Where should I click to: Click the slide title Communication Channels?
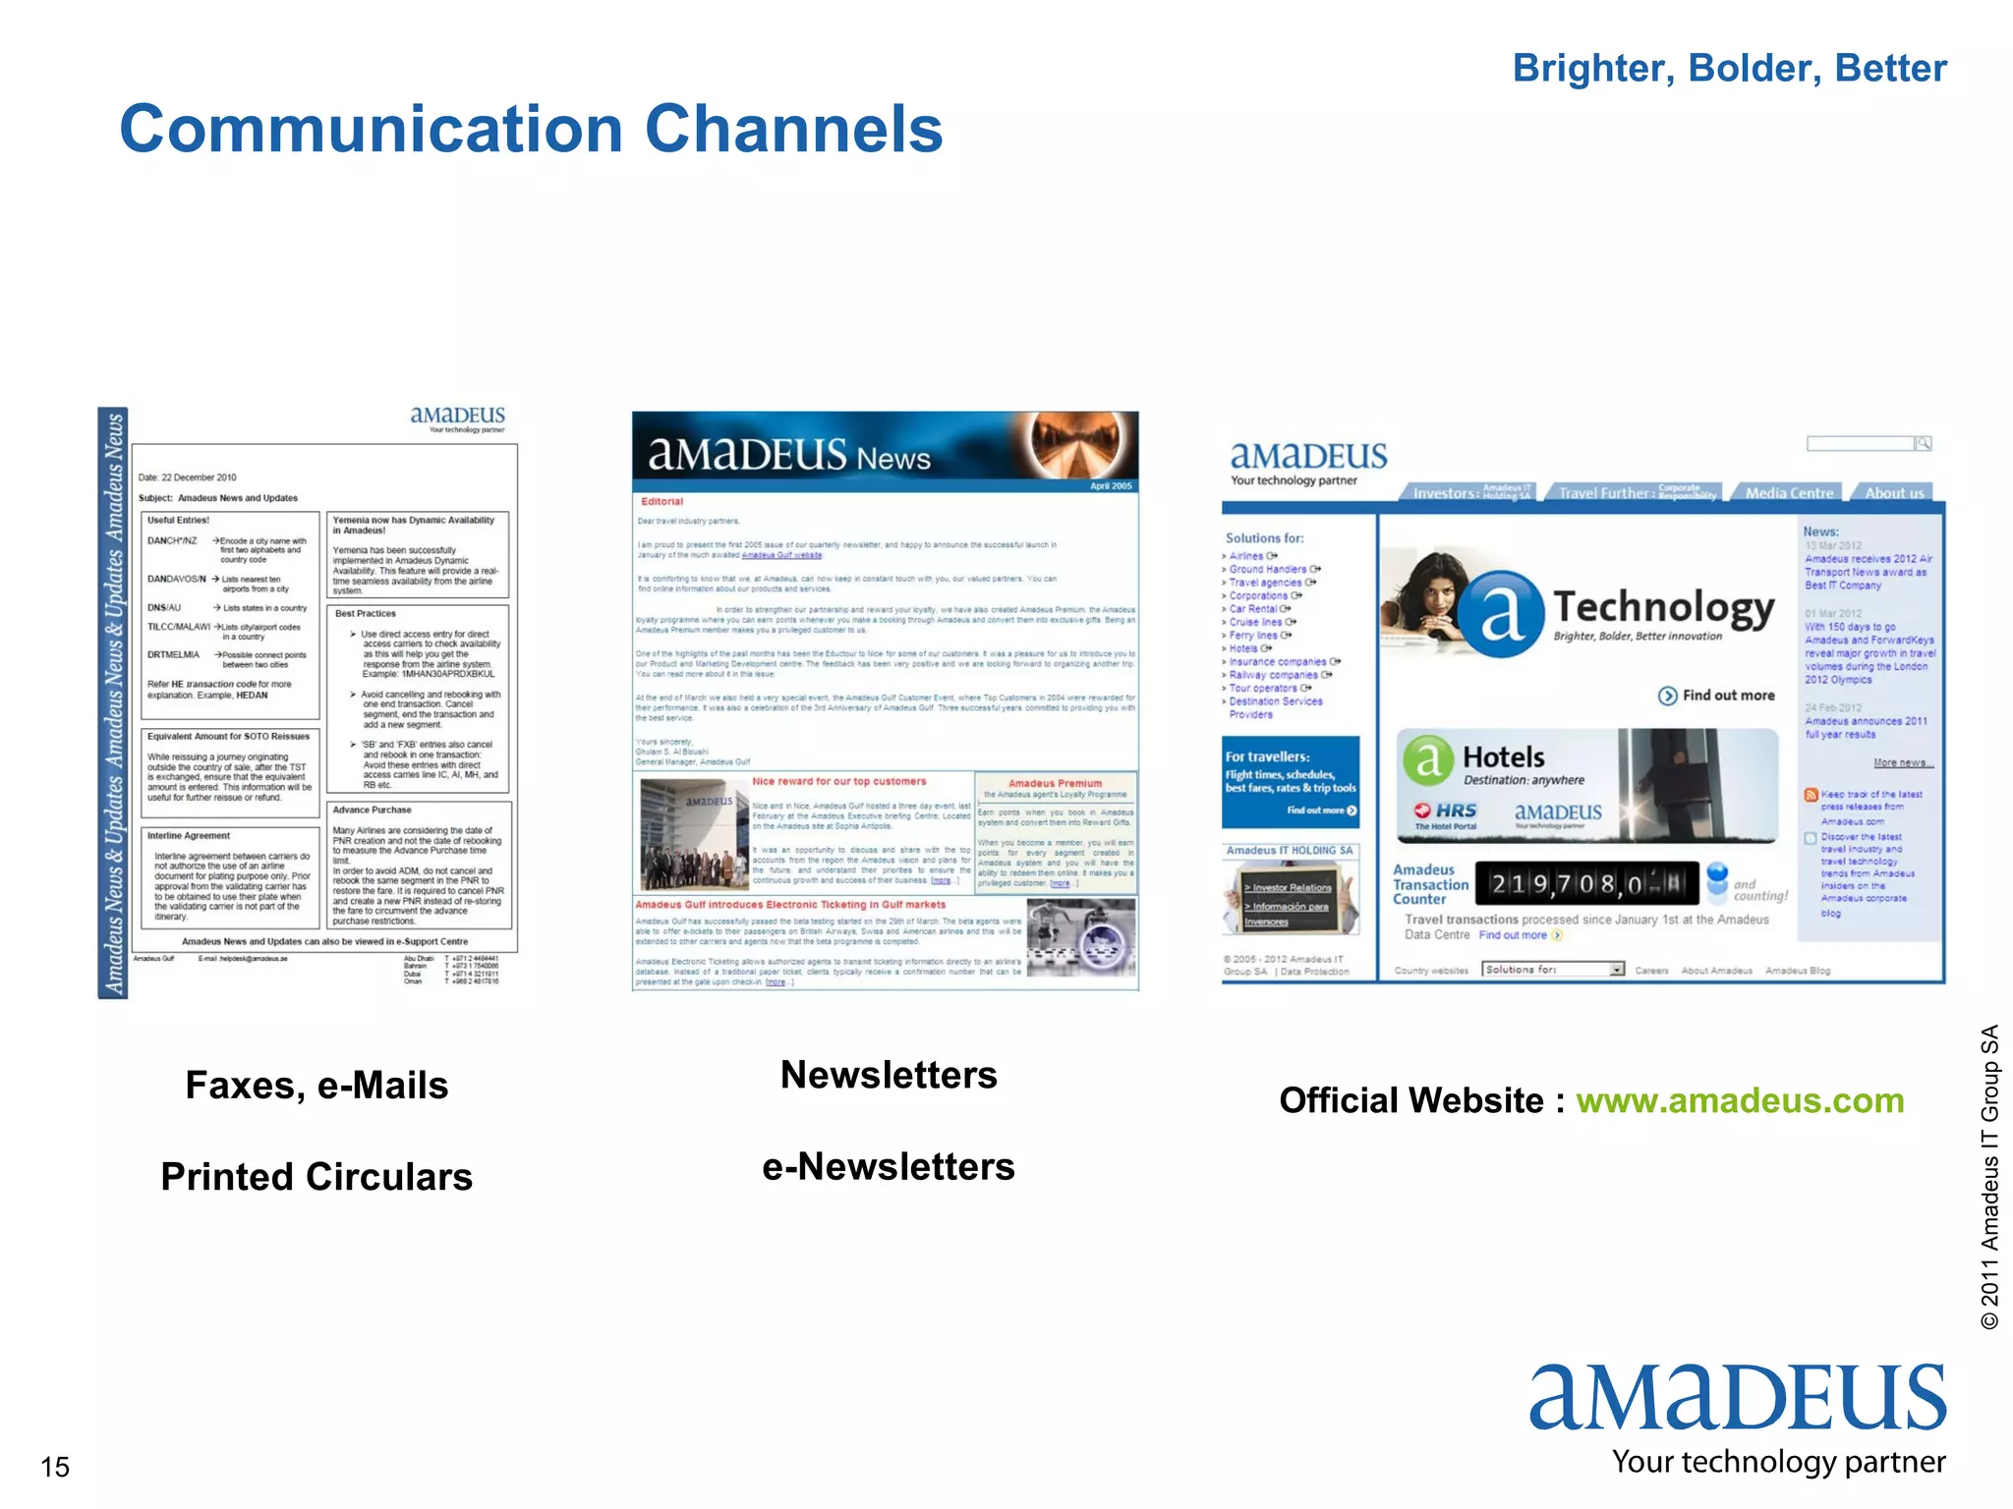pyautogui.click(x=531, y=130)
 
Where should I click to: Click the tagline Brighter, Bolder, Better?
pyautogui.click(x=1729, y=69)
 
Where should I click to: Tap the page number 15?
pyautogui.click(x=55, y=1467)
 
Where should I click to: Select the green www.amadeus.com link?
pyautogui.click(x=1740, y=1100)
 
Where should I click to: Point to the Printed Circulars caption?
pyautogui.click(x=316, y=1176)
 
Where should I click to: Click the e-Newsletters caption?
pyautogui.click(x=889, y=1166)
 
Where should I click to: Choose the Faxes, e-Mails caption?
pyautogui.click(x=316, y=1086)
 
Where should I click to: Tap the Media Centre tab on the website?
pyautogui.click(x=1789, y=493)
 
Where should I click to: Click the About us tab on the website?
pyautogui.click(x=1894, y=493)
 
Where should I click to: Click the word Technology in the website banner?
pyautogui.click(x=1664, y=607)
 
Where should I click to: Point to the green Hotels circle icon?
pyautogui.click(x=1428, y=759)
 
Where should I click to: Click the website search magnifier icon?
pyautogui.click(x=1924, y=444)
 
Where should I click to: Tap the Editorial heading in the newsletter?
pyautogui.click(x=662, y=502)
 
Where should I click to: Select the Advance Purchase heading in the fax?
pyautogui.click(x=372, y=810)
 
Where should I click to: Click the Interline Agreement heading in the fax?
pyautogui.click(x=189, y=836)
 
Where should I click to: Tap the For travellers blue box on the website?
pyautogui.click(x=1291, y=782)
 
